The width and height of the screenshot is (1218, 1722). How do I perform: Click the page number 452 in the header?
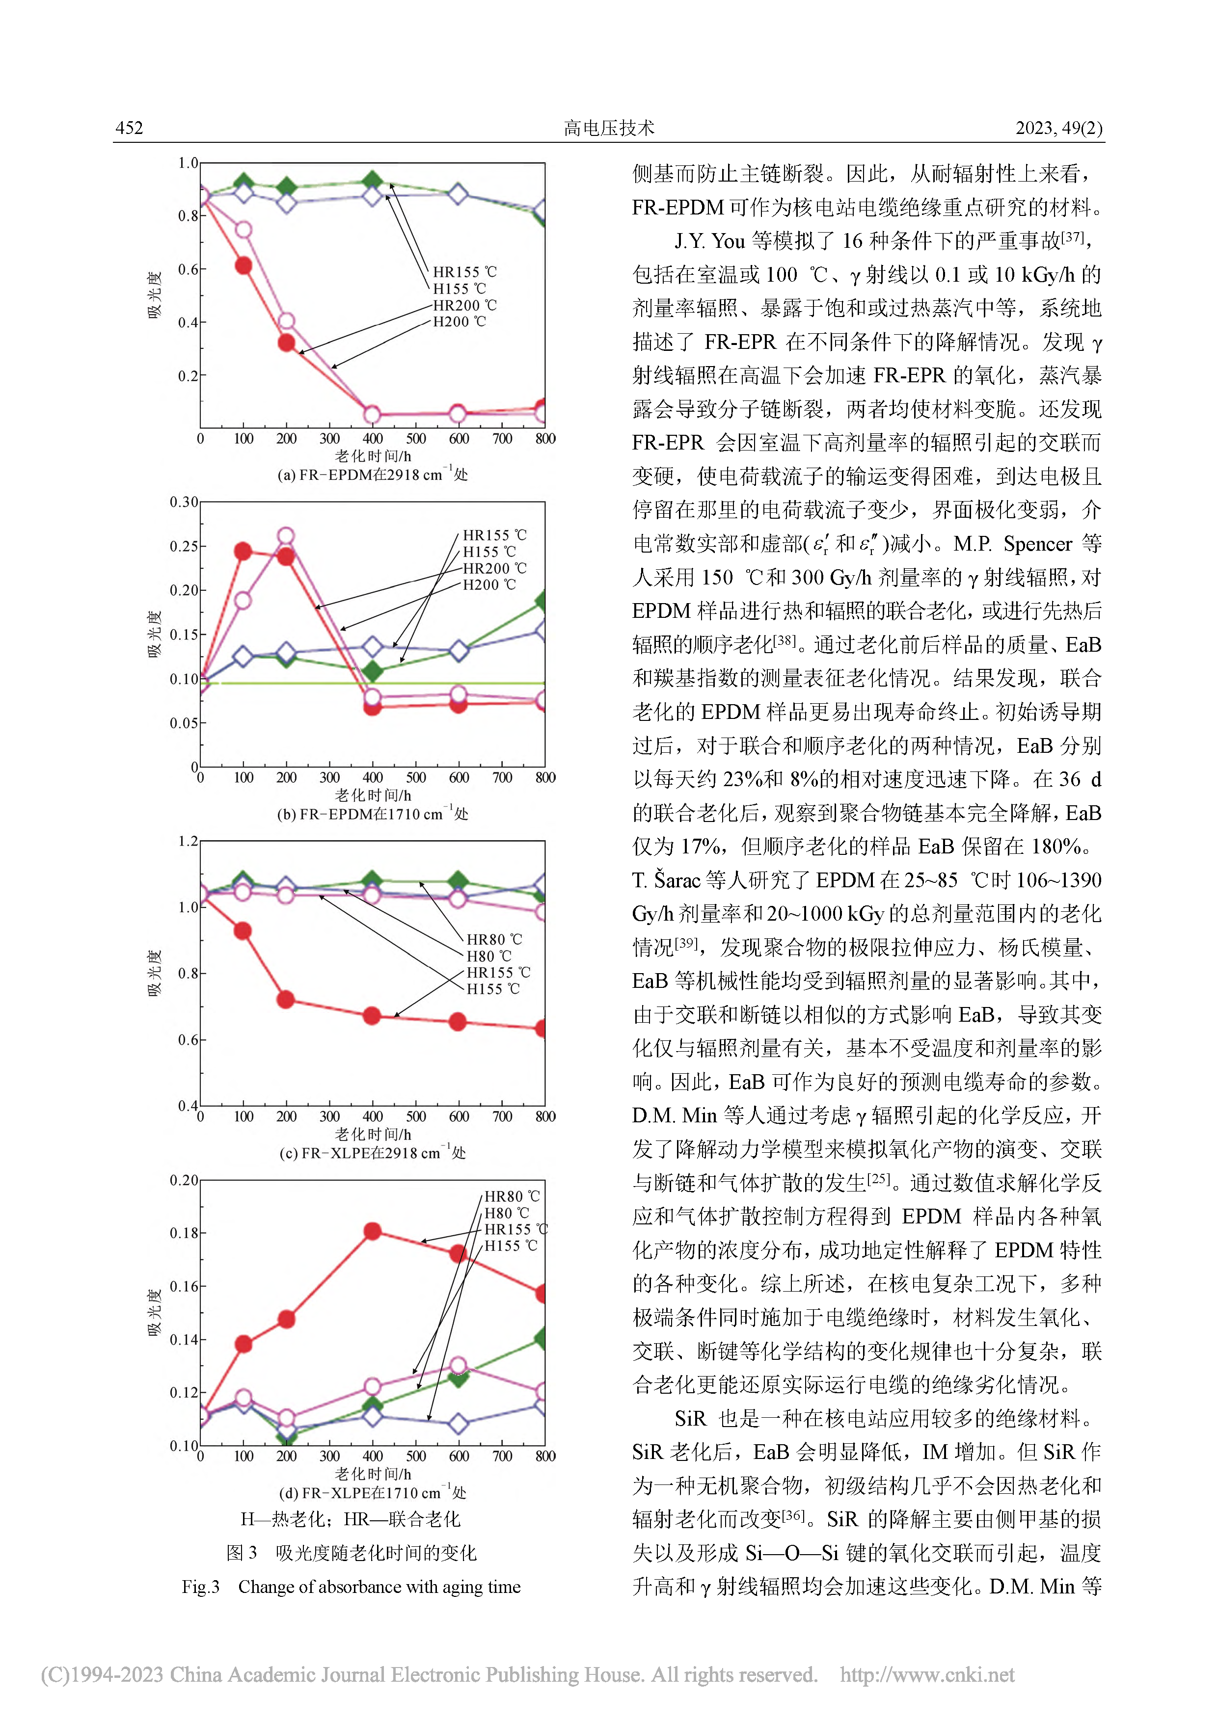click(x=129, y=128)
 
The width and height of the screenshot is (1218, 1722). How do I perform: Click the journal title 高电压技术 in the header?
click(x=609, y=128)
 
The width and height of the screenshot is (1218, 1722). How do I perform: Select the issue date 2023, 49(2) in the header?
click(x=1059, y=128)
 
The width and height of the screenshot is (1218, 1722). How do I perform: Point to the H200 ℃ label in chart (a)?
click(x=460, y=322)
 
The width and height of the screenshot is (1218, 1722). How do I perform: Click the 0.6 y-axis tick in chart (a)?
click(x=188, y=269)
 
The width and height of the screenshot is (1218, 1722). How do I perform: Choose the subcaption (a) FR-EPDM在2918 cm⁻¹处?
click(x=372, y=474)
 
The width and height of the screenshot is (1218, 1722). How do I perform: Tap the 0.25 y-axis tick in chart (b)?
click(x=184, y=546)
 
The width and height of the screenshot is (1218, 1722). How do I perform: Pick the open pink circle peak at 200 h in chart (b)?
click(x=286, y=535)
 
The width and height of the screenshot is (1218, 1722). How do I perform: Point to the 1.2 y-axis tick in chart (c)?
click(x=188, y=842)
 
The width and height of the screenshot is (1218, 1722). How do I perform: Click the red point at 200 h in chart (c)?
click(x=286, y=1000)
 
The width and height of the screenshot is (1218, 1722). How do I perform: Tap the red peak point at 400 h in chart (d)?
click(x=372, y=1231)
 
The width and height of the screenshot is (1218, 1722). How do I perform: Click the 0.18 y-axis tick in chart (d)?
click(x=184, y=1233)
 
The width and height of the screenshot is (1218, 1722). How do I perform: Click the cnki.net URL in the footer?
click(x=927, y=1675)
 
